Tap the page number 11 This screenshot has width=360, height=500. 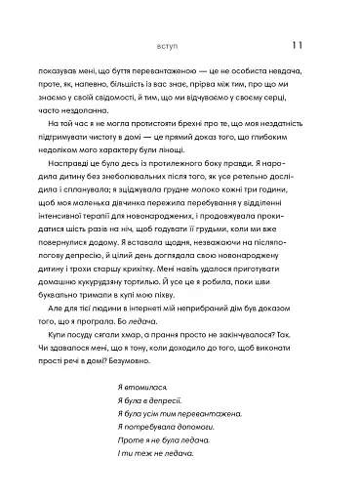coord(299,44)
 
